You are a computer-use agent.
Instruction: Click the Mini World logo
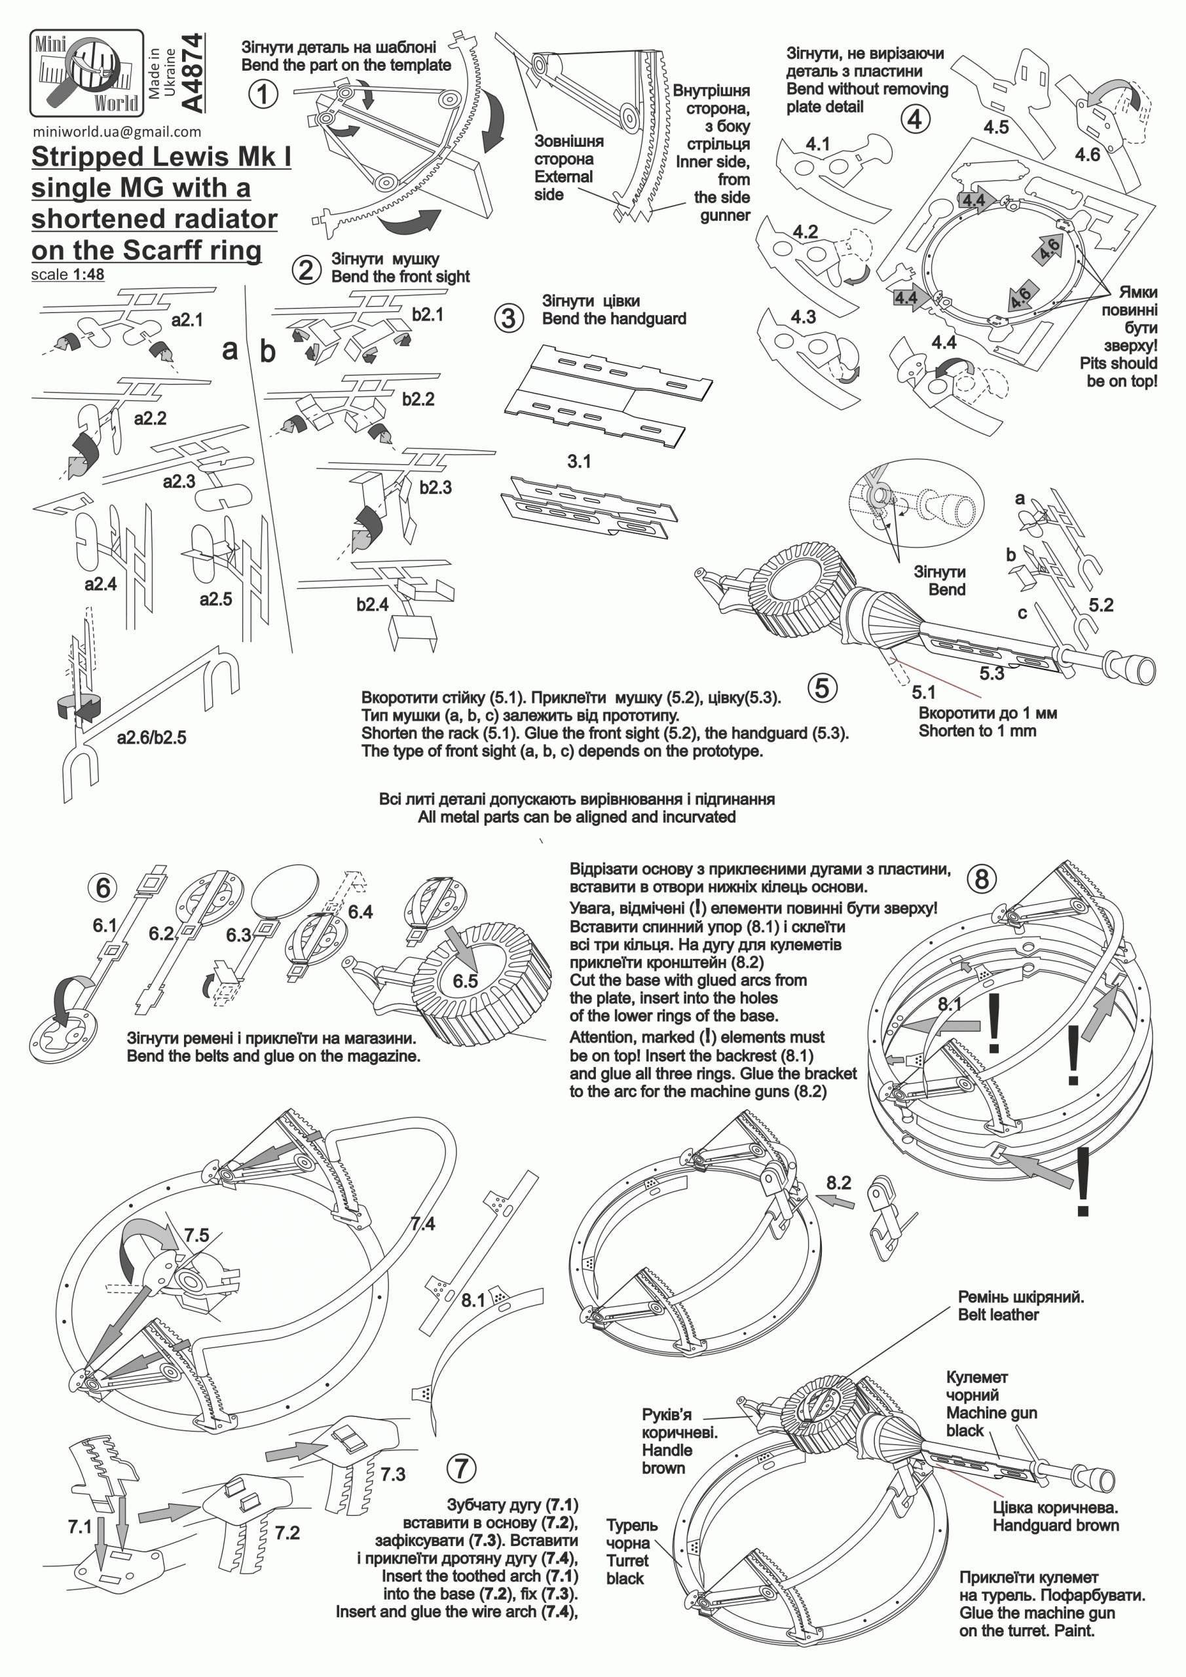86,72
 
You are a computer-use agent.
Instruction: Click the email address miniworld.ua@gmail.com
117,132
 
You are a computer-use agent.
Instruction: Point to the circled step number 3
509,318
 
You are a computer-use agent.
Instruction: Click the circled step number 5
823,688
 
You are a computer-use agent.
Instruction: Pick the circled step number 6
103,888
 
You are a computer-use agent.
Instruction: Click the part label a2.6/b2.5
151,738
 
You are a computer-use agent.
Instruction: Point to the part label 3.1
579,462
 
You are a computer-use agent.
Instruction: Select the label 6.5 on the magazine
464,981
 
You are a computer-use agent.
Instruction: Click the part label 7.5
196,1235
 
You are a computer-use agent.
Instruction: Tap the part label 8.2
839,1182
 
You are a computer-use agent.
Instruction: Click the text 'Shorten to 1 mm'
977,730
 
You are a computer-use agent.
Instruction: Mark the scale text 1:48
89,274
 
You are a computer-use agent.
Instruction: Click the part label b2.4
373,605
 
